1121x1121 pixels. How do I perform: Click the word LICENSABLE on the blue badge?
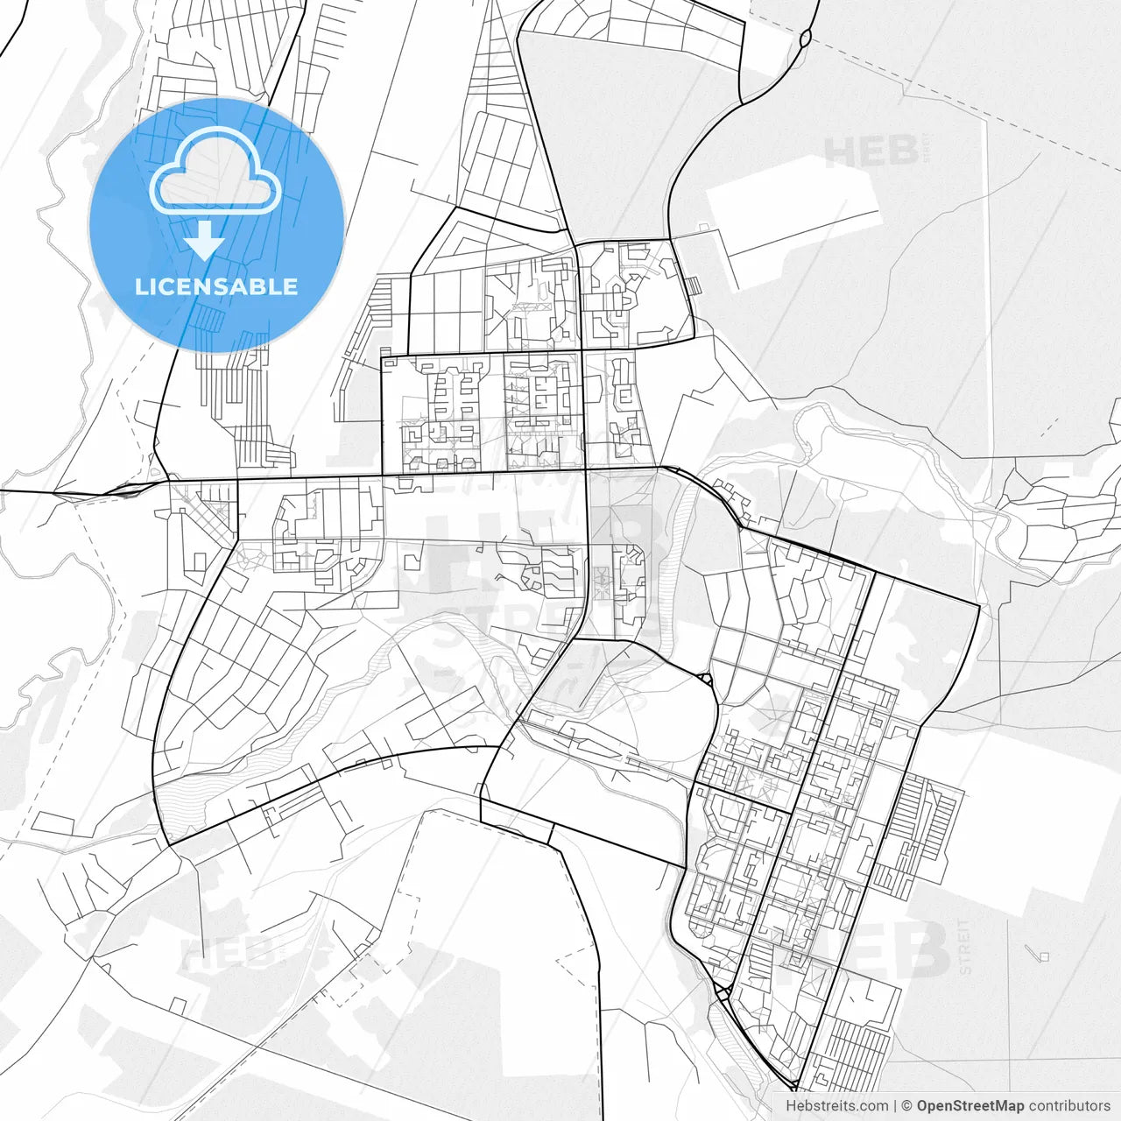(x=215, y=286)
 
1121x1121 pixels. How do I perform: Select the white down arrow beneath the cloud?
(x=205, y=240)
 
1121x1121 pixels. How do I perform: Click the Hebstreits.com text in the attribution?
(x=836, y=1106)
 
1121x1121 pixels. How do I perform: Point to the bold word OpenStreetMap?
(x=970, y=1106)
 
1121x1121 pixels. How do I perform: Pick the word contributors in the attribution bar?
(x=1069, y=1106)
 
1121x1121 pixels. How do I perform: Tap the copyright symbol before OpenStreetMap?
(x=907, y=1106)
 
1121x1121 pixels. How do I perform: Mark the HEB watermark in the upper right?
(x=871, y=152)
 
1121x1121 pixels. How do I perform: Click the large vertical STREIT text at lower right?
(x=964, y=947)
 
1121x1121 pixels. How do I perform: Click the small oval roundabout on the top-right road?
(x=805, y=38)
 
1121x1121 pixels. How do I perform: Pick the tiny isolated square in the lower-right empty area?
(x=1043, y=956)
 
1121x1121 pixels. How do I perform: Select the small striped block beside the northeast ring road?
(x=693, y=286)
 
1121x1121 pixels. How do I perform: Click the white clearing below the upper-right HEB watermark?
(x=788, y=219)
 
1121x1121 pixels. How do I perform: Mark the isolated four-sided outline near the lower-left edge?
(x=54, y=823)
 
